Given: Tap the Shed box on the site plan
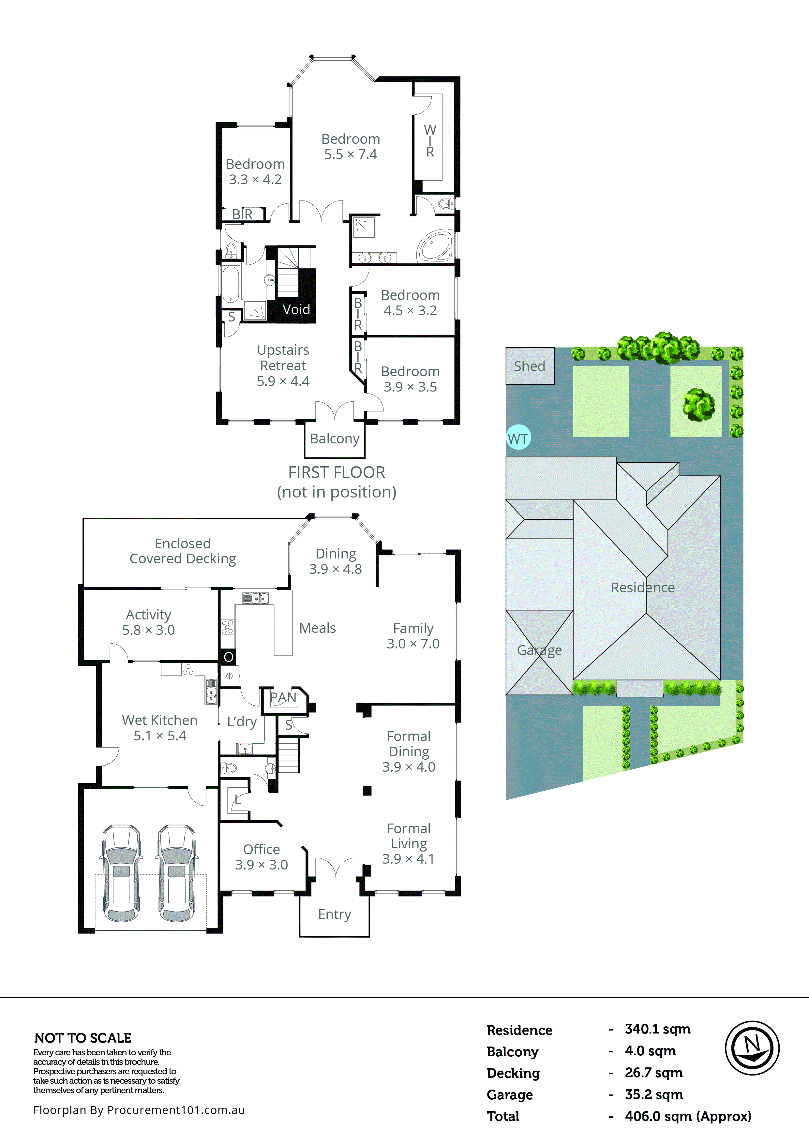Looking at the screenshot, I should click(530, 366).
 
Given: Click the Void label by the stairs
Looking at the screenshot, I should click(296, 310).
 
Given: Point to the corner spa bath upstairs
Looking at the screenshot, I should click(436, 245).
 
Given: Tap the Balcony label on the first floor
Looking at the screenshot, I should click(335, 439).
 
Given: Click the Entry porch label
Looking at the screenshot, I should click(335, 914).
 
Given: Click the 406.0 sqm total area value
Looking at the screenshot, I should click(688, 1116).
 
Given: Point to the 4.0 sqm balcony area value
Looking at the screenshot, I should click(650, 1051).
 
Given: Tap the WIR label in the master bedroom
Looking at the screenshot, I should click(430, 141).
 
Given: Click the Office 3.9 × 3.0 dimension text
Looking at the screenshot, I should click(262, 865).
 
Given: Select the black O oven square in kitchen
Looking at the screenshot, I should click(229, 657).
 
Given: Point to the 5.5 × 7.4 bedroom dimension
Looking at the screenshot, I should click(351, 155).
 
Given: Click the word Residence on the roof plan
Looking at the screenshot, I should click(642, 587).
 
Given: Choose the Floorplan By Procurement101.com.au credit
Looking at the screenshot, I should click(139, 1110).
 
